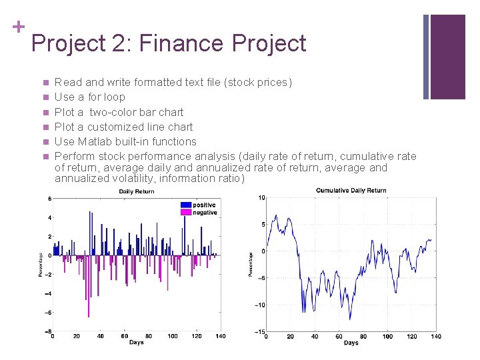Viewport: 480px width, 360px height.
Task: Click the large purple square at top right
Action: (x=448, y=57)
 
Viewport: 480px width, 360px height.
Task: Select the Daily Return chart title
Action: (x=137, y=192)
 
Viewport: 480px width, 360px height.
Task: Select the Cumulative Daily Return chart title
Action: (x=351, y=191)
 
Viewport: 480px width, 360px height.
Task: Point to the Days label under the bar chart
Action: (x=136, y=343)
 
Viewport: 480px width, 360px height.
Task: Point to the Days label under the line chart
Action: (x=351, y=343)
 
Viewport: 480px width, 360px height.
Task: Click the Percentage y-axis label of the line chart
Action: (x=251, y=265)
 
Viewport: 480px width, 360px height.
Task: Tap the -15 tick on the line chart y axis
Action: (x=261, y=332)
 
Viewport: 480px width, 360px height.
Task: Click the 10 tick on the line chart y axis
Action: (x=262, y=197)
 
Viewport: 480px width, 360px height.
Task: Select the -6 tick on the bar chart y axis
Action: (x=49, y=313)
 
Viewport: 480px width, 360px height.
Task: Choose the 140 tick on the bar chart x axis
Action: (x=221, y=336)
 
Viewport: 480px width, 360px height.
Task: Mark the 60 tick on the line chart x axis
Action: (x=339, y=337)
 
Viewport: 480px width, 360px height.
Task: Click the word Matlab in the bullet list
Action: (x=96, y=141)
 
